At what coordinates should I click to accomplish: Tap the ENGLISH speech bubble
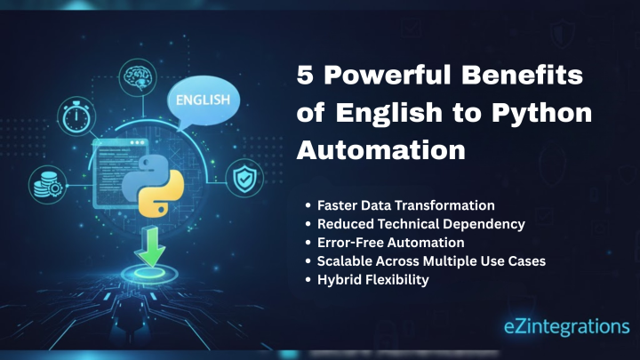click(x=203, y=100)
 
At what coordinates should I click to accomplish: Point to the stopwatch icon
click(x=72, y=116)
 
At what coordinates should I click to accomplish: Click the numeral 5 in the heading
click(x=305, y=76)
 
